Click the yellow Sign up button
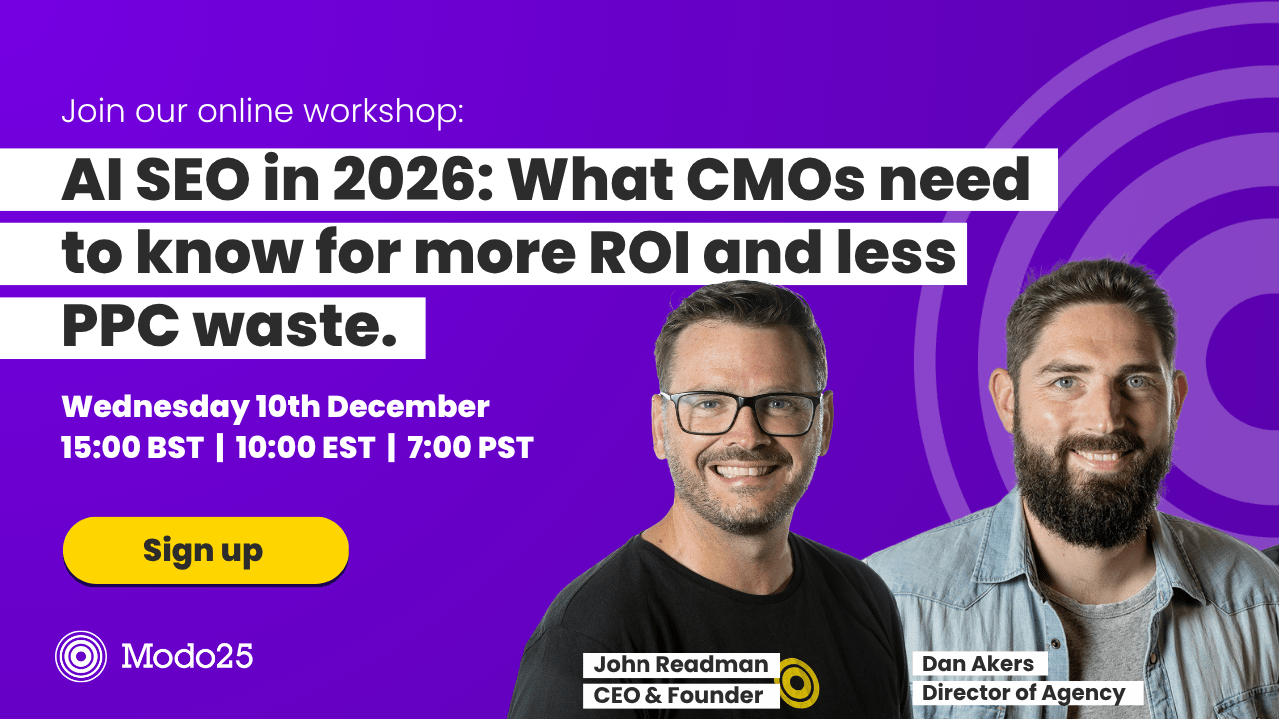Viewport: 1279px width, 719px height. coord(205,550)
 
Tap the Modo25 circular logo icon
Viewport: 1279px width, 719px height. coord(81,656)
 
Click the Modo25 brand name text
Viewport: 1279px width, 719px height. coord(187,656)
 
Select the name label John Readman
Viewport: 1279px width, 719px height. coord(680,665)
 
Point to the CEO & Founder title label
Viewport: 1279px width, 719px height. coord(678,696)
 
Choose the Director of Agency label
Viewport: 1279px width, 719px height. coord(1023,693)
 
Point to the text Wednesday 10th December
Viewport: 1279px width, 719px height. coord(275,407)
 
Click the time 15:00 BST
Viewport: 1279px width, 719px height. coord(132,447)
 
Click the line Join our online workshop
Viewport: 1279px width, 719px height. coord(262,111)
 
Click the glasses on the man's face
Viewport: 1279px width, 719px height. coord(741,412)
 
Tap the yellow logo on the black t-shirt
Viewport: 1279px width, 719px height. coord(797,682)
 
